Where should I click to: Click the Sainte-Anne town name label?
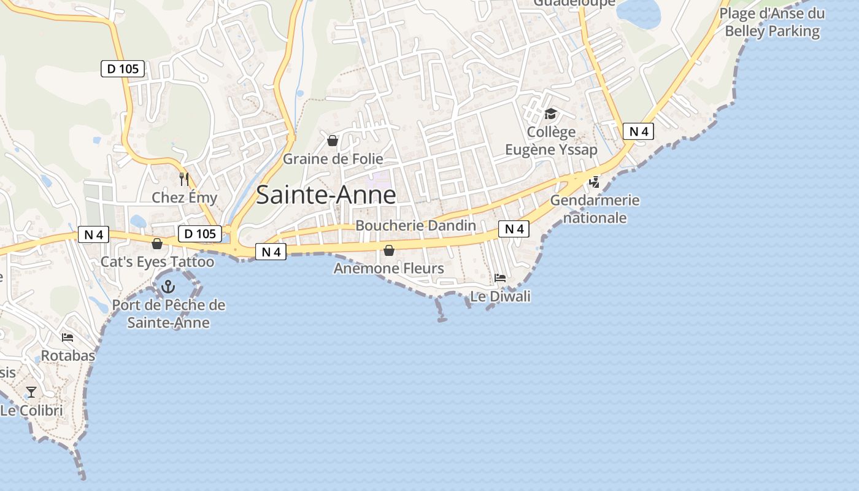326,195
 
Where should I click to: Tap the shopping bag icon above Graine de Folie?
333,141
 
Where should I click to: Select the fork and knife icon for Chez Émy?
183,179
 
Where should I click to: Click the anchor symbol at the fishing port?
168,286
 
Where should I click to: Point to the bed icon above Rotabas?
67,338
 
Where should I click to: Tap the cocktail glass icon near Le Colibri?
31,392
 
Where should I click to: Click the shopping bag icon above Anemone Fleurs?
388,250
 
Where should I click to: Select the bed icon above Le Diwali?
500,278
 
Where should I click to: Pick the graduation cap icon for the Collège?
550,114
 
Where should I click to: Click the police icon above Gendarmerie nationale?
594,182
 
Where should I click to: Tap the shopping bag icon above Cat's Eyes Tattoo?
157,244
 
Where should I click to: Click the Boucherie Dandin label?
415,225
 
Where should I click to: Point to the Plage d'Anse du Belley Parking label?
772,22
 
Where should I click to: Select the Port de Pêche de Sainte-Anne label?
168,314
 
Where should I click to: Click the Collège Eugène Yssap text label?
550,141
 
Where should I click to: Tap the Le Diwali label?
500,296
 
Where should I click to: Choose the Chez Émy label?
184,197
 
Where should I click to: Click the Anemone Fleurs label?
388,268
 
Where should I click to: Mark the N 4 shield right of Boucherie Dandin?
514,229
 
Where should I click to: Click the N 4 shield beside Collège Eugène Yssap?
638,131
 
